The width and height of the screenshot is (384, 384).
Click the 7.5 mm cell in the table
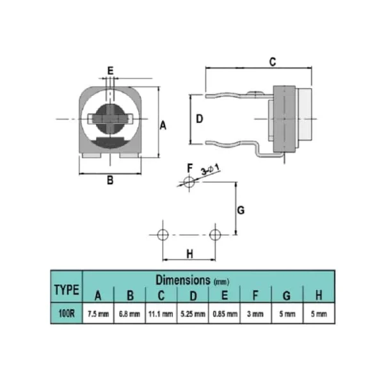[x=98, y=314]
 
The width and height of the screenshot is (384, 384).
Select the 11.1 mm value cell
[x=161, y=314]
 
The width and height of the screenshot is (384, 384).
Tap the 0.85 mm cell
[x=225, y=314]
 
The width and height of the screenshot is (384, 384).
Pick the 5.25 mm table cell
[x=193, y=314]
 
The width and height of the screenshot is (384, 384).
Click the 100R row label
[x=67, y=314]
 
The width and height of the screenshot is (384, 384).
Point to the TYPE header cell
[x=67, y=290]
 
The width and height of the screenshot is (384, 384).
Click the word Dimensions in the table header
[x=183, y=280]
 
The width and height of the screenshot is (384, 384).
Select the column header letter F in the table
[x=255, y=295]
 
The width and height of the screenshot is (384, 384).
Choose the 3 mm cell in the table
[x=255, y=314]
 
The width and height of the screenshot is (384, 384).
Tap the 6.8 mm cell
[x=129, y=314]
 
